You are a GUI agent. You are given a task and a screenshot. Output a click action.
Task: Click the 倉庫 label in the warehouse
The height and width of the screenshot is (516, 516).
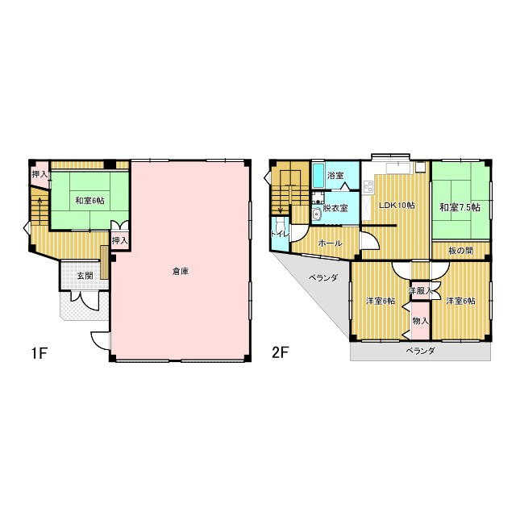[181, 272]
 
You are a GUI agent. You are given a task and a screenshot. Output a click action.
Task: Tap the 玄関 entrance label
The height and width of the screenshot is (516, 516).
[85, 276]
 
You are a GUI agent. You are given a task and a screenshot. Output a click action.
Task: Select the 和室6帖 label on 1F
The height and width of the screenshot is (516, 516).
[89, 200]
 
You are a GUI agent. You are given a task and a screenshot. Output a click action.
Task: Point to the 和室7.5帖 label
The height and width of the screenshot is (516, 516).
[460, 207]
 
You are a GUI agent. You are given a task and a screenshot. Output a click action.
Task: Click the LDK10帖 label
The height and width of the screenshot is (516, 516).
[397, 206]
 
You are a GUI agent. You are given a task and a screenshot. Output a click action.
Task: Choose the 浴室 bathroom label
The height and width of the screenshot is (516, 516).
[335, 176]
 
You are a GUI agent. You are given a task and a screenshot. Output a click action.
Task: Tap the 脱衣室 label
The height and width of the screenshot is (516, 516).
[335, 208]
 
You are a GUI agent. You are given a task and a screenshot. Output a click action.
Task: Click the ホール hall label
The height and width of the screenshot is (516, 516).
[330, 243]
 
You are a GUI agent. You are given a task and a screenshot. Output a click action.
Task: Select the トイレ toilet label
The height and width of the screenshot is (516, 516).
[280, 235]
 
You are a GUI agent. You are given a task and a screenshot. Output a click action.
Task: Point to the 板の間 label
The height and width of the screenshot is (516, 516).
[460, 251]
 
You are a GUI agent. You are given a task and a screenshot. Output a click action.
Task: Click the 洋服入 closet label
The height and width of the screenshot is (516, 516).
[420, 291]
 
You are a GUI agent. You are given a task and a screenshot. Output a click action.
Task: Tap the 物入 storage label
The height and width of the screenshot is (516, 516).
[421, 321]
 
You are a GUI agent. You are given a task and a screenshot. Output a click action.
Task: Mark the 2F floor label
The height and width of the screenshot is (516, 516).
[280, 353]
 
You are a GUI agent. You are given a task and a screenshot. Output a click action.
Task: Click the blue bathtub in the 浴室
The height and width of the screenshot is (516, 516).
[318, 176]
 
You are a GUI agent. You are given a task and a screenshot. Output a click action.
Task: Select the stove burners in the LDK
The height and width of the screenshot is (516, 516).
[368, 186]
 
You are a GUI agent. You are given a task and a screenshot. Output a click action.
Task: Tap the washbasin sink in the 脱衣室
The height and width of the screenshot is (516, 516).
[317, 214]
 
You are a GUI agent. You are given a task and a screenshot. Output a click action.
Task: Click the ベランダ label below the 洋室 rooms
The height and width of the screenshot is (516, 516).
[420, 351]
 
